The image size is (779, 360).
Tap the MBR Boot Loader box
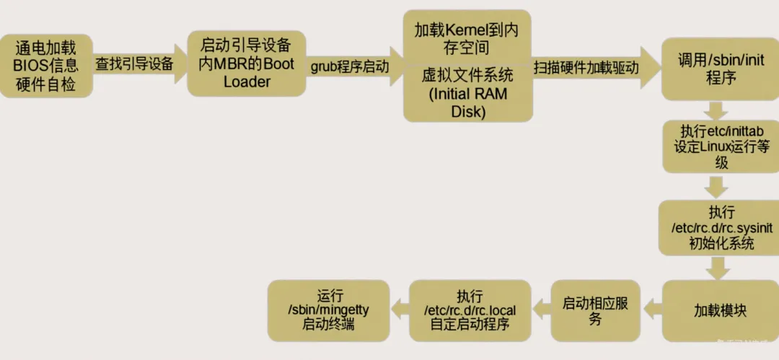246,63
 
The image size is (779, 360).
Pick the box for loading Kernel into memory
466,38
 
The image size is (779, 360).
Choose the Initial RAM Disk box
467,93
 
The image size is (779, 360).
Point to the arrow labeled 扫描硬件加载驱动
590,68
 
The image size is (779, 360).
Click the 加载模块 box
718,311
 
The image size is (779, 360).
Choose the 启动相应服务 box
595,311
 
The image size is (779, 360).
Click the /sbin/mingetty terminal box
329,311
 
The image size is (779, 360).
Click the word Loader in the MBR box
247,82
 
